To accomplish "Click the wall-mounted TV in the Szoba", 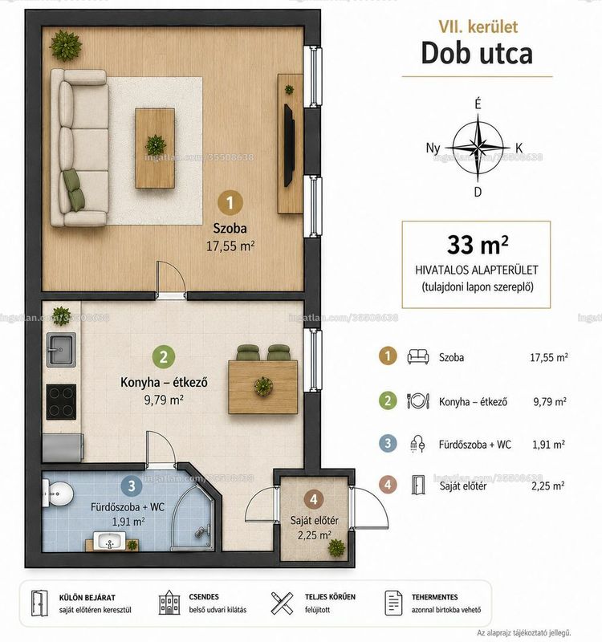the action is [x=289, y=145].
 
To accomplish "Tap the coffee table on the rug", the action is [x=155, y=148].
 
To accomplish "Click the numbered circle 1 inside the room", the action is [x=230, y=202].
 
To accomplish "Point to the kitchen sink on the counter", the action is [x=61, y=349].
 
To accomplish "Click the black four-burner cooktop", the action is [x=61, y=402].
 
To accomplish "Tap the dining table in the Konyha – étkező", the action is [x=263, y=387].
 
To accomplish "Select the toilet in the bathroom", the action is [x=58, y=494].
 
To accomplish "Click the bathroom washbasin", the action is [x=109, y=541].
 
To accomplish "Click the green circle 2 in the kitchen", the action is [x=164, y=356].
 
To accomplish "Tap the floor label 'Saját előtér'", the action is [x=314, y=520].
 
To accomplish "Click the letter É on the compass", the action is [x=478, y=104].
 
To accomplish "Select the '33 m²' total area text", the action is [x=478, y=245].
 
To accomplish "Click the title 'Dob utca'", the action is [x=477, y=53].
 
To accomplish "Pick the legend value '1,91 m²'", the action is [x=549, y=445].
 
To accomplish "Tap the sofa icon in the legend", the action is [x=417, y=356].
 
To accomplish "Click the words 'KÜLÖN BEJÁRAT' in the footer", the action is [x=87, y=597].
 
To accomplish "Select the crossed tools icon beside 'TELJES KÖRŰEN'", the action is [x=283, y=603].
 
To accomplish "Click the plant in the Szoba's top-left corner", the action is [x=65, y=45].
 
